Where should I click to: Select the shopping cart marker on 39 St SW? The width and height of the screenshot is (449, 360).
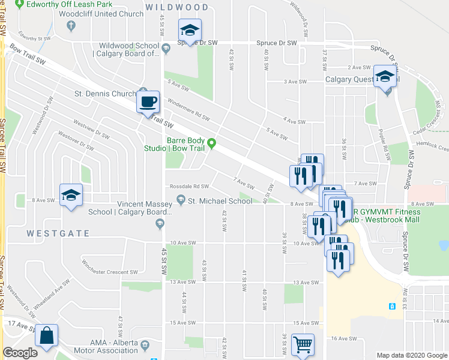coord(303,344)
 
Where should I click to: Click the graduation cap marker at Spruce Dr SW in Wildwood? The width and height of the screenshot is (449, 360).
coord(190,30)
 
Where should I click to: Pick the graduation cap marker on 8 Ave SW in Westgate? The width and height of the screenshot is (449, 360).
coord(71,194)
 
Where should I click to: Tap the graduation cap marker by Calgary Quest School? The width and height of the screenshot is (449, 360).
coord(384,76)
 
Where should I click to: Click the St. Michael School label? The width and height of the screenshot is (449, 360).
coord(220,201)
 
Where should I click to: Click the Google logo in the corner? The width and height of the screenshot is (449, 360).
coord(20,353)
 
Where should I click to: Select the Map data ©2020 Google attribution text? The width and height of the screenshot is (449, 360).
coord(411,355)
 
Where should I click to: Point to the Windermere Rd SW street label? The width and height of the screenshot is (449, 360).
coord(188,109)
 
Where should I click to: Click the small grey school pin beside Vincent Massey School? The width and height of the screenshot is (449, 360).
coord(159,224)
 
